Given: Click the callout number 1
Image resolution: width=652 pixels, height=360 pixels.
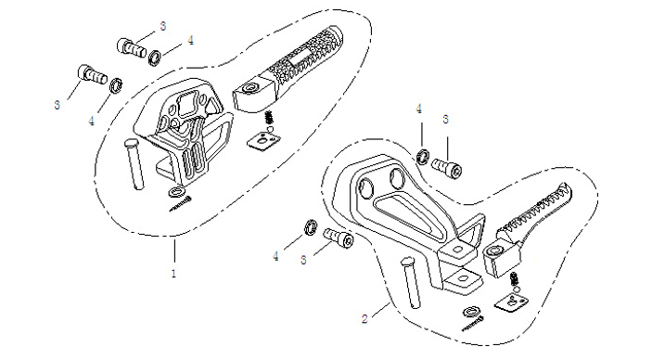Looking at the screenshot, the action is point(173,274).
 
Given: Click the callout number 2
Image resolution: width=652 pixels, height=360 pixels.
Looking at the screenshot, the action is point(364,319).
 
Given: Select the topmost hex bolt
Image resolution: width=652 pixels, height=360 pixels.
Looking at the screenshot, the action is point(132,48).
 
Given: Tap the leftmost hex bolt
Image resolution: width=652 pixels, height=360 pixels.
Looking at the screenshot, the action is point(93,75).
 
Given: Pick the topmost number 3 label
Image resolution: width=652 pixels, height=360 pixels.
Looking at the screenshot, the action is point(163,26).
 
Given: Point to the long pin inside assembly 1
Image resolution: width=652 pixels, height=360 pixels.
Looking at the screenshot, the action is point(134,165).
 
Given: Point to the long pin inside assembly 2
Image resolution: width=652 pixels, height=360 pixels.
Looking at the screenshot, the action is point(410,282).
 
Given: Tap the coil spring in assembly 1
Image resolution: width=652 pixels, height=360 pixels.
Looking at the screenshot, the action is point(270,118).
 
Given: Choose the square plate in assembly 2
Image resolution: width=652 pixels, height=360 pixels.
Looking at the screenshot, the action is point(511,302).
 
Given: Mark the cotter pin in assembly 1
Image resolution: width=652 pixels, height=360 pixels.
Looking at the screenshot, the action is point(181,203).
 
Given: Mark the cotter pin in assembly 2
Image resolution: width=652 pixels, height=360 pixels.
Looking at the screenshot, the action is point(473,324).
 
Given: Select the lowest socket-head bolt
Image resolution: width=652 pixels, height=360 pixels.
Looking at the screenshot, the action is point(339,238).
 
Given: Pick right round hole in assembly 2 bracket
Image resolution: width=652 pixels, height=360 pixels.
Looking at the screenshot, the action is point(397,179).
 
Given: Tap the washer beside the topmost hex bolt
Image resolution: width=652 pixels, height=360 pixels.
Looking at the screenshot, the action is point(155,58).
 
